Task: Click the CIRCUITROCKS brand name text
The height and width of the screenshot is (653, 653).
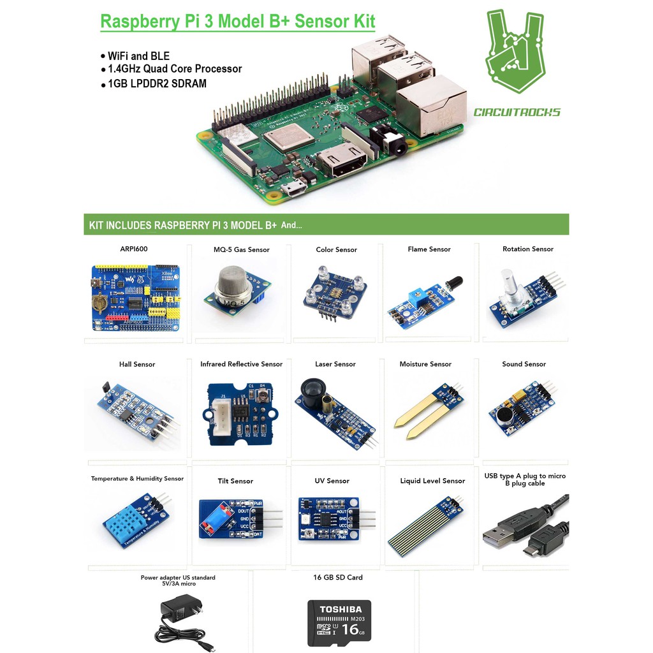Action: [517, 113]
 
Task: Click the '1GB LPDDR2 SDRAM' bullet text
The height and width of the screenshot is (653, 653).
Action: [157, 84]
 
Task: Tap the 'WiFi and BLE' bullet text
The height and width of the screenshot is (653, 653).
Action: [138, 56]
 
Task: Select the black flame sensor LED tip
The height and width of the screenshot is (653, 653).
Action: [454, 282]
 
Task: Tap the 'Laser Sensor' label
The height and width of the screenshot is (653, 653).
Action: [335, 364]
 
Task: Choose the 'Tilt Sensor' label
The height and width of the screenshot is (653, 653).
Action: [235, 481]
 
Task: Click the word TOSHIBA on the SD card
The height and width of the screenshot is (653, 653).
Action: [341, 610]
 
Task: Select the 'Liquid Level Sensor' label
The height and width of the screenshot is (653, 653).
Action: [432, 481]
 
